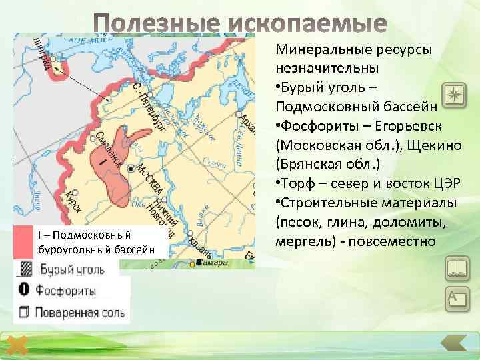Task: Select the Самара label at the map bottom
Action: (x=212, y=263)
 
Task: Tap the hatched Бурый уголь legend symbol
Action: (x=24, y=270)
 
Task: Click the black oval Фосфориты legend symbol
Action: (x=24, y=290)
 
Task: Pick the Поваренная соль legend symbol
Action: (x=24, y=311)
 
